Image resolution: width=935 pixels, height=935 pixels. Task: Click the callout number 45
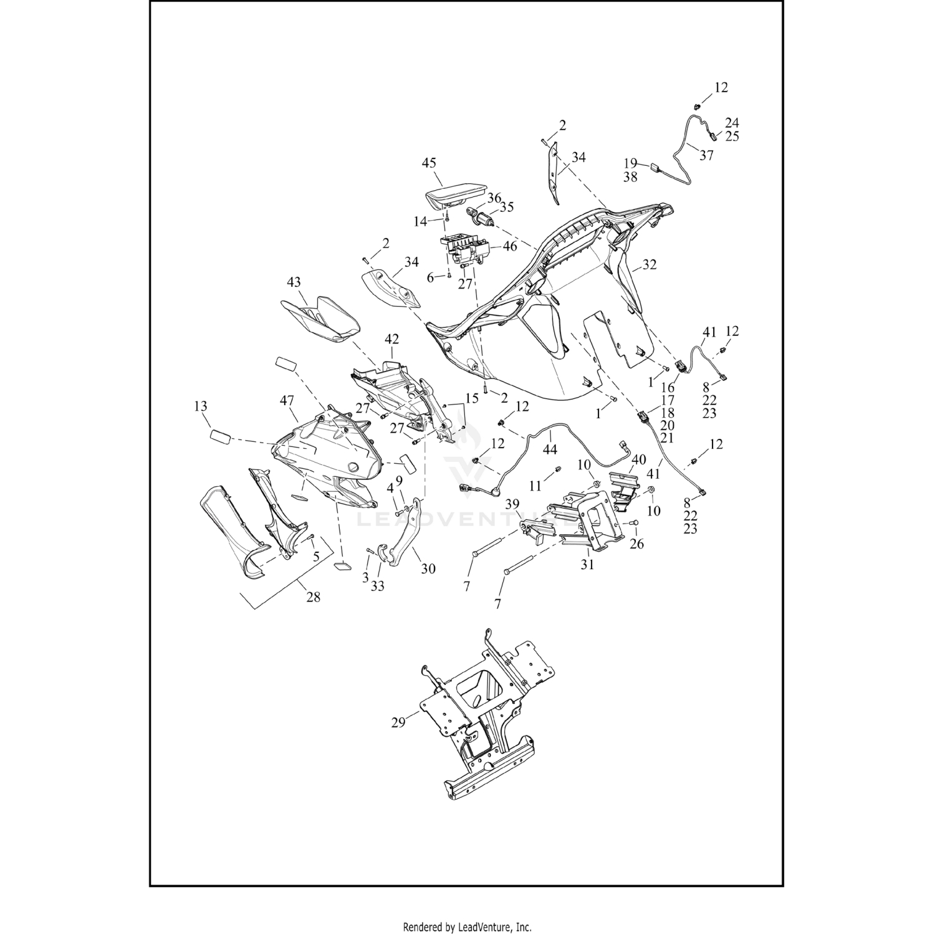(428, 163)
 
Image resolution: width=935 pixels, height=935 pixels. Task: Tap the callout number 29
(398, 722)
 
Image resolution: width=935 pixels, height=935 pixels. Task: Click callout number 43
(294, 282)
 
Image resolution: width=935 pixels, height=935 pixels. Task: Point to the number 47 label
(287, 401)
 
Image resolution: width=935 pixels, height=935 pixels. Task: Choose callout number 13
(200, 406)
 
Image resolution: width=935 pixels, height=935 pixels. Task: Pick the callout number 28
(313, 597)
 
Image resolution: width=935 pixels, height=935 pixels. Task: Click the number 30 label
(428, 568)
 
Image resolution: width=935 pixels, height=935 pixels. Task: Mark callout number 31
(587, 565)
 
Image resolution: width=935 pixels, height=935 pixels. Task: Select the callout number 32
(650, 264)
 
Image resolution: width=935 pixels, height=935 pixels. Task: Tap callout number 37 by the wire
(706, 156)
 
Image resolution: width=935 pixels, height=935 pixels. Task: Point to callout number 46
(509, 246)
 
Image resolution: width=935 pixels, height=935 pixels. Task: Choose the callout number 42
(391, 340)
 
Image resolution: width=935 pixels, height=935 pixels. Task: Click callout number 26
(636, 544)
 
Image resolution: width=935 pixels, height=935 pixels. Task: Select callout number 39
(512, 504)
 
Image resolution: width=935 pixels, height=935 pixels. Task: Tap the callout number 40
(639, 460)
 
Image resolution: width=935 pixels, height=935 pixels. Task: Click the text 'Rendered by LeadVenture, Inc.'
(467, 926)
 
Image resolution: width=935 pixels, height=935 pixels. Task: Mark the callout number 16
(668, 388)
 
